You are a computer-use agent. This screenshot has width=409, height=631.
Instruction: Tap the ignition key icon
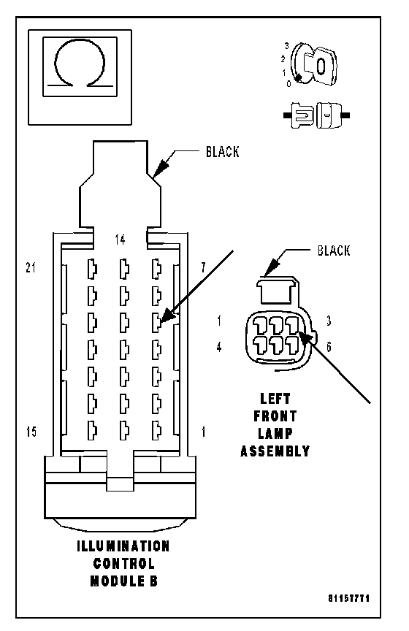313,64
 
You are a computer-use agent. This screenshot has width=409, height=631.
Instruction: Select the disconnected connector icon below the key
316,115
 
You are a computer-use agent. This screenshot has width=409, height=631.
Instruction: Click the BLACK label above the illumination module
222,152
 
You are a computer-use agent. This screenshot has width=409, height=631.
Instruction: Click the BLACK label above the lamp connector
334,251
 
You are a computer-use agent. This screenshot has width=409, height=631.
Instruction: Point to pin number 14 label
120,240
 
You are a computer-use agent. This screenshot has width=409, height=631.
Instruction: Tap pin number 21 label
31,267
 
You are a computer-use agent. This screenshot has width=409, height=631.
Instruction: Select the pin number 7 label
203,267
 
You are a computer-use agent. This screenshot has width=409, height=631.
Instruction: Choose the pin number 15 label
31,432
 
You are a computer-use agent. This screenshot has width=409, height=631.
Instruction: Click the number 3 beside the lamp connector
329,321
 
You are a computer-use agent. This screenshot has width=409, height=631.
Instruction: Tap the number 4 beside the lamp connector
218,347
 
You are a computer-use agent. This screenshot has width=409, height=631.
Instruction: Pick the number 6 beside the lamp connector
329,347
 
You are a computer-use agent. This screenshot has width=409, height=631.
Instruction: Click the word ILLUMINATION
123,546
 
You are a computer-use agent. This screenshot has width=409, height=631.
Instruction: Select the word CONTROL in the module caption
123,563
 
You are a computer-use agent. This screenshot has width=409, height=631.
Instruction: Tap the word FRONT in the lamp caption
275,416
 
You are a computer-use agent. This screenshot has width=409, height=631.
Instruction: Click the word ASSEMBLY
275,451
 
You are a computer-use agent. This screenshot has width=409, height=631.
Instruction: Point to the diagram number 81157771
348,598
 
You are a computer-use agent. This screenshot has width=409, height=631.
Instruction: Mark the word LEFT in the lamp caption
275,399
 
